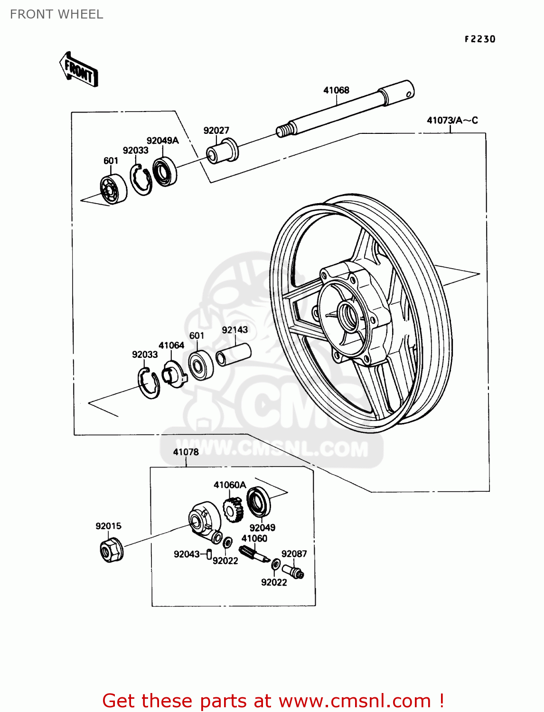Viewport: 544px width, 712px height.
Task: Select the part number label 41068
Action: click(x=336, y=90)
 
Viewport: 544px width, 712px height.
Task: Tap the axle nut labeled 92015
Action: click(x=111, y=550)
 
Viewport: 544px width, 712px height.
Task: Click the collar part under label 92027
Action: click(x=222, y=151)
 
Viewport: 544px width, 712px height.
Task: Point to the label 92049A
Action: click(x=162, y=141)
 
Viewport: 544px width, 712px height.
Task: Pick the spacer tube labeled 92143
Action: click(x=234, y=355)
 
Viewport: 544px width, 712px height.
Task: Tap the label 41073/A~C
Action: click(x=452, y=121)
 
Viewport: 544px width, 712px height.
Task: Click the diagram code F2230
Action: click(x=479, y=39)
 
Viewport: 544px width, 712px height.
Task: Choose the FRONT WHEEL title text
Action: click(x=56, y=14)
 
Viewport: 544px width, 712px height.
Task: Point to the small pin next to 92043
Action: click(x=209, y=554)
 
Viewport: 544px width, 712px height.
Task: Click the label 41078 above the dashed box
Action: click(x=186, y=452)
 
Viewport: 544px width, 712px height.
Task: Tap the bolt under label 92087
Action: click(x=293, y=571)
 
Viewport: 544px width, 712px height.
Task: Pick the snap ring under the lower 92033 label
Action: click(x=149, y=383)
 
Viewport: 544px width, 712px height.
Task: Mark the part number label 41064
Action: click(x=171, y=346)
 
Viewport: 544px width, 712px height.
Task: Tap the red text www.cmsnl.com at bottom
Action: click(x=355, y=701)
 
